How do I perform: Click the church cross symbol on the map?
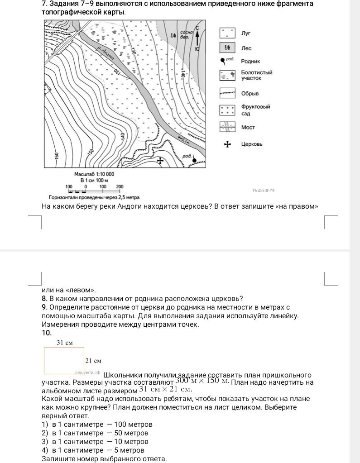[x=160, y=161]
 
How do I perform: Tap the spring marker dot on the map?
[x=194, y=160]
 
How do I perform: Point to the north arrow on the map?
[x=197, y=38]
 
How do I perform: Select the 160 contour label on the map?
[x=57, y=156]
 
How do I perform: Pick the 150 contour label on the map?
[x=91, y=152]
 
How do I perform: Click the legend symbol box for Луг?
[x=227, y=33]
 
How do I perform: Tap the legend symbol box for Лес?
[x=227, y=48]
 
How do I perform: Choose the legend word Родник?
[x=250, y=62]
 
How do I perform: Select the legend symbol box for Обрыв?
[x=227, y=93]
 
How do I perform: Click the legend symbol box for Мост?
[x=227, y=127]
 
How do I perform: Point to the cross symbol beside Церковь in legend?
[x=227, y=144]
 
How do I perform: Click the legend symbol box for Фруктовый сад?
[x=227, y=110]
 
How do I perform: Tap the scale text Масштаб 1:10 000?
[x=94, y=174]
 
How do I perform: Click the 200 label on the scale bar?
[x=120, y=186]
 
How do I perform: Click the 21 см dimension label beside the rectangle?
[x=93, y=361]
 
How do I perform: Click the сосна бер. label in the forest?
[x=187, y=34]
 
